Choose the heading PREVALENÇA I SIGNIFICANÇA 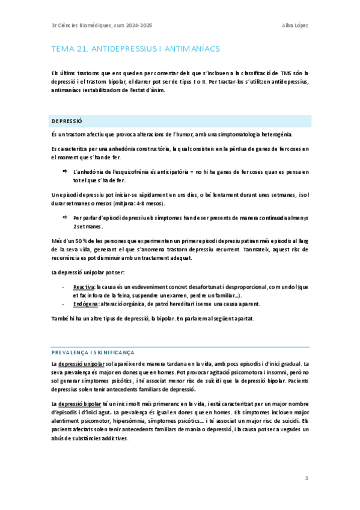pyautogui.click(x=93, y=352)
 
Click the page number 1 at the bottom pyautogui.click(x=307, y=478)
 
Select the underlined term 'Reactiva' pyautogui.click(x=84, y=288)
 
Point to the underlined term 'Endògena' pyautogui.click(x=85, y=304)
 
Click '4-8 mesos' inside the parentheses pyautogui.click(x=138, y=204)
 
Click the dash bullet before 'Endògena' pyautogui.click(x=63, y=304)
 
